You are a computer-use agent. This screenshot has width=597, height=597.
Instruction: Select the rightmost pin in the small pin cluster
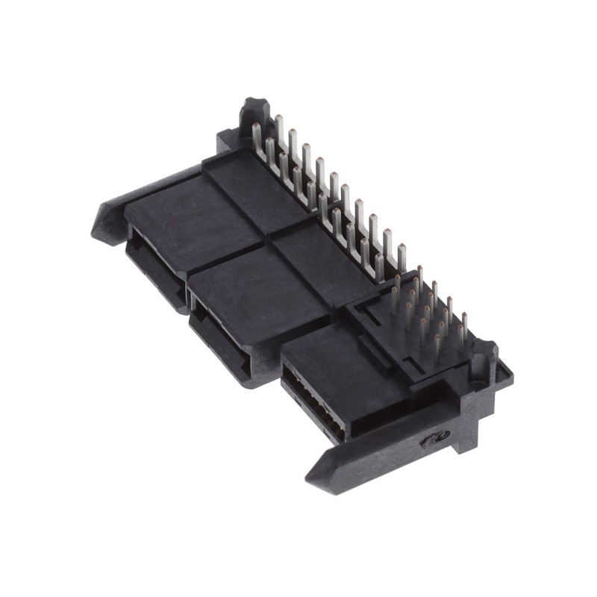(x=464, y=328)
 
